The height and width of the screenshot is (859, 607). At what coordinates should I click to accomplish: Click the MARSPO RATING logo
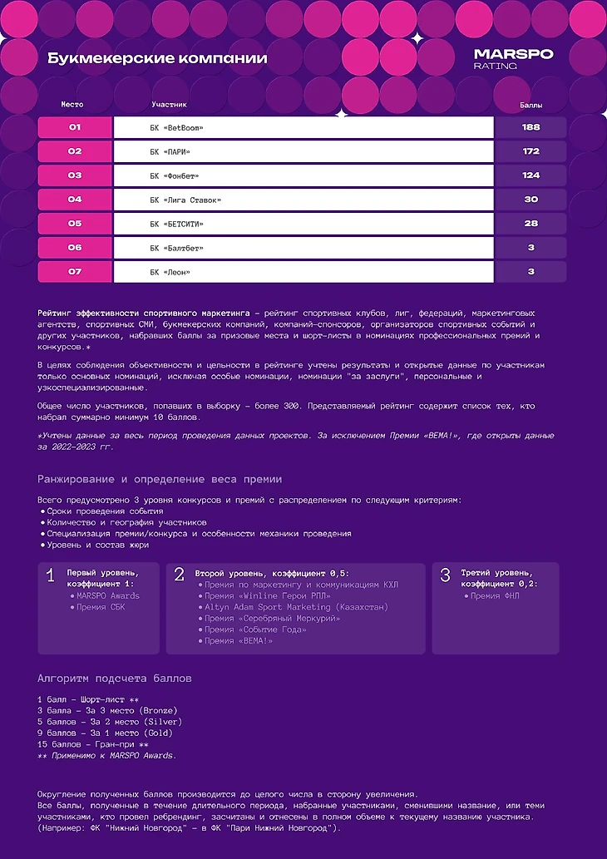pyautogui.click(x=513, y=59)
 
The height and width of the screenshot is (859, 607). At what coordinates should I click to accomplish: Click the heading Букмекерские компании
pyautogui.click(x=157, y=58)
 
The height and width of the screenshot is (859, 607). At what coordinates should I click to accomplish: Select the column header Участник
pyautogui.click(x=170, y=105)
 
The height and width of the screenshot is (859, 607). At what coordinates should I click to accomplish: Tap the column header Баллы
pyautogui.click(x=531, y=106)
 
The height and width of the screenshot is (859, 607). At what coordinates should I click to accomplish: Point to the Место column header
pyautogui.click(x=72, y=105)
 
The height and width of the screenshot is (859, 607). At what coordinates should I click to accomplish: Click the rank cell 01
pyautogui.click(x=75, y=127)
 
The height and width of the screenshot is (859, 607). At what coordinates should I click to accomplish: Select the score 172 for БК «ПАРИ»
pyautogui.click(x=531, y=151)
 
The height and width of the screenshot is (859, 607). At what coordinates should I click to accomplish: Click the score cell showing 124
pyautogui.click(x=531, y=175)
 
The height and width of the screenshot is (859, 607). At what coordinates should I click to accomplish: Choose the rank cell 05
pyautogui.click(x=75, y=224)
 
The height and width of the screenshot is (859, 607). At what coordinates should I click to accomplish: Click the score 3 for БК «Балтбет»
pyautogui.click(x=531, y=248)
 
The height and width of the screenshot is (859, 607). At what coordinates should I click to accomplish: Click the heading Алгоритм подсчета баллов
pyautogui.click(x=115, y=679)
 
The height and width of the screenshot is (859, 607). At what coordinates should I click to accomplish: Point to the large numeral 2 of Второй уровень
pyautogui.click(x=179, y=575)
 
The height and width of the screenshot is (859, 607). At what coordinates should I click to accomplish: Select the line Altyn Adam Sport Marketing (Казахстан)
pyautogui.click(x=296, y=607)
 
